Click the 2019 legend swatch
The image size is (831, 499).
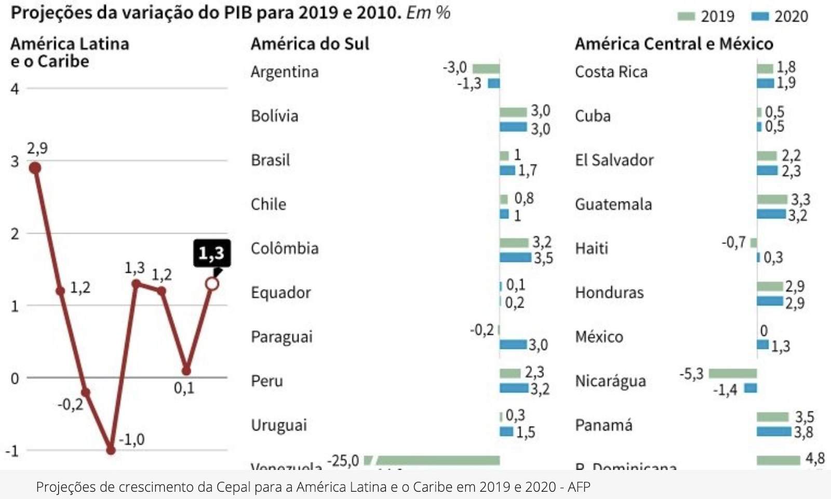tap(686, 17)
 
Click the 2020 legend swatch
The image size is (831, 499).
tap(760, 17)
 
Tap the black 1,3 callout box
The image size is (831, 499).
tap(211, 253)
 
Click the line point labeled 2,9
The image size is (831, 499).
tap(35, 168)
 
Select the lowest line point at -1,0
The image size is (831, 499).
tap(111, 450)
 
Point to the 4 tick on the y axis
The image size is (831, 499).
tap(15, 89)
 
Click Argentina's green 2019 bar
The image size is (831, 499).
tap(486, 69)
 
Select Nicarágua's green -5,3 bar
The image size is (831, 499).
tap(732, 373)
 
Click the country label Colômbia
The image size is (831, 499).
tap(285, 248)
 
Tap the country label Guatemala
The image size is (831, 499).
tap(613, 204)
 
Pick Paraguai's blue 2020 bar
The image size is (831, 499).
tap(513, 344)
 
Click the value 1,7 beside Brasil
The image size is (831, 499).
tap(527, 170)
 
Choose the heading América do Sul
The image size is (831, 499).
tap(310, 44)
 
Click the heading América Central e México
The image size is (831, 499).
tap(674, 44)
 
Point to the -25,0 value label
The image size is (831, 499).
tap(343, 461)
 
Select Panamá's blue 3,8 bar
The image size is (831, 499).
tap(774, 431)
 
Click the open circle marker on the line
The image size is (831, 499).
tap(212, 284)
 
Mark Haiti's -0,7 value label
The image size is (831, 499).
tap(733, 242)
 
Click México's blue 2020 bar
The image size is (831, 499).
tap(762, 344)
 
